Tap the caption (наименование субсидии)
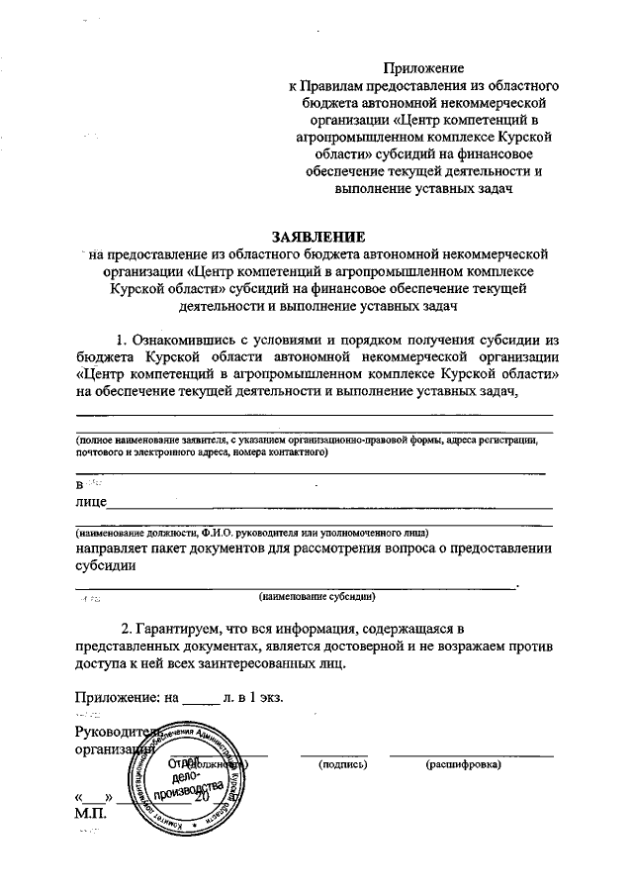tap(316, 597)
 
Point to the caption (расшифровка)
tap(463, 765)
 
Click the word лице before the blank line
tap(90, 502)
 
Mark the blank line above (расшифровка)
tap(471, 755)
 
